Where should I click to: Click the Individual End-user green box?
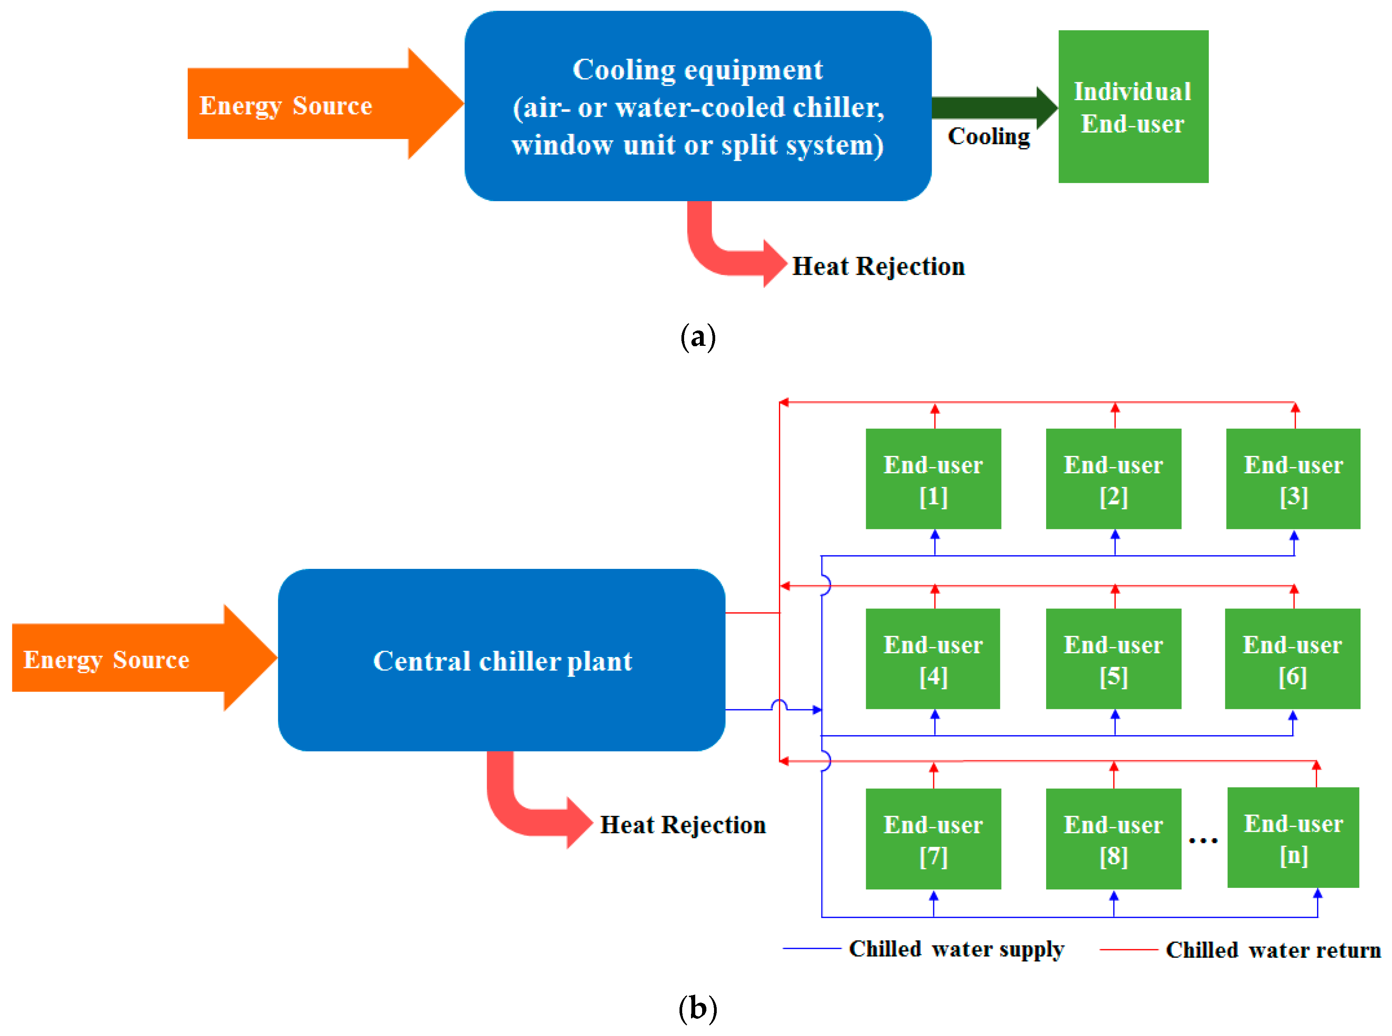1132,107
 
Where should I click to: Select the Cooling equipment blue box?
697,107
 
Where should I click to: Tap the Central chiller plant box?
502,660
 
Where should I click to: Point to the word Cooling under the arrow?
988,137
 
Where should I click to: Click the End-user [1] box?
932,479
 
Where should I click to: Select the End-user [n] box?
1293,838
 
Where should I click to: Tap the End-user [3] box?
1293,479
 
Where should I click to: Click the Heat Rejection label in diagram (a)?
878,266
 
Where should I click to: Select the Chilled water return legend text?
1273,950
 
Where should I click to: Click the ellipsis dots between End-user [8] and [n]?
1203,840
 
